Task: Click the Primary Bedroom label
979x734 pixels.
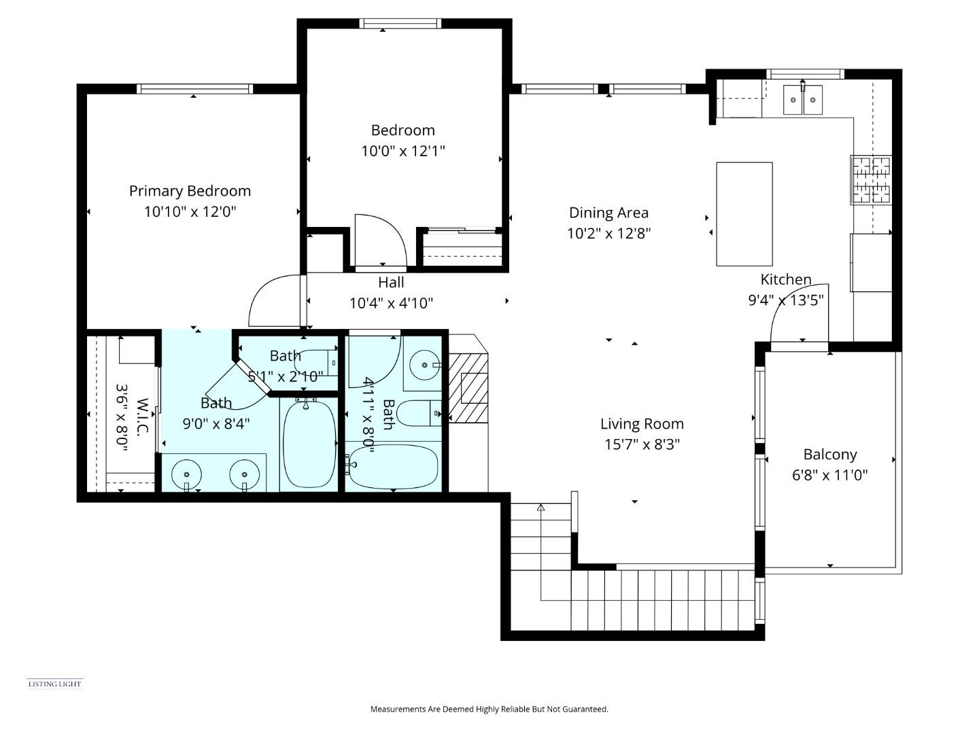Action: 190,191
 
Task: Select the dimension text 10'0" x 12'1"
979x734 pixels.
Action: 402,151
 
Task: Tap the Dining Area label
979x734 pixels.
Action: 608,213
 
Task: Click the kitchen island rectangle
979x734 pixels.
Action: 744,213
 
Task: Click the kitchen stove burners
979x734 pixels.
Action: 871,180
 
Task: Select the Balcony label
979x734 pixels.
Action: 829,454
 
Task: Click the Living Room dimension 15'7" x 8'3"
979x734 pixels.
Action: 642,444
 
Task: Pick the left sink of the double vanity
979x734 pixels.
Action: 186,473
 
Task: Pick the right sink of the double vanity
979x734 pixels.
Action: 244,473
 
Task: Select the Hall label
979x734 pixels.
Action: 391,282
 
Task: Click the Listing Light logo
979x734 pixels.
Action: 54,684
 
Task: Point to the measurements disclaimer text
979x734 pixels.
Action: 489,709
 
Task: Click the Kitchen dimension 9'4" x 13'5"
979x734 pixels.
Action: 785,300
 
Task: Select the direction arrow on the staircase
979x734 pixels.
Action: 541,507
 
